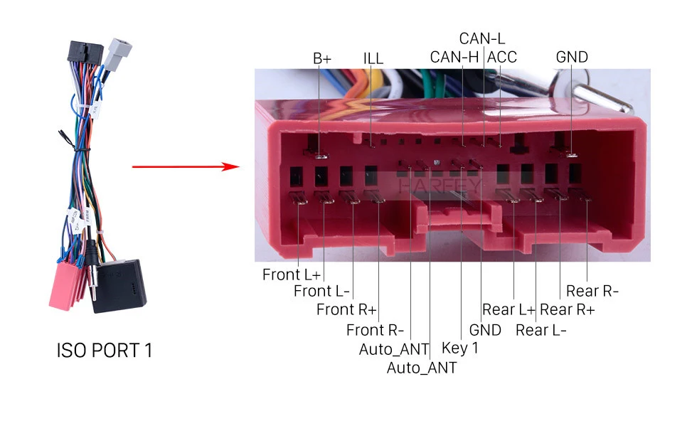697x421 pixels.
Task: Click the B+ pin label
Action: (322, 58)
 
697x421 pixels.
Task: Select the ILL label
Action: (373, 58)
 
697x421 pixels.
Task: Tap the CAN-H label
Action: (454, 57)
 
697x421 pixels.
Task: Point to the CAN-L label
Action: (482, 38)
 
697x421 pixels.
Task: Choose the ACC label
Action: (502, 57)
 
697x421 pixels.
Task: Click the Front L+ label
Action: (291, 275)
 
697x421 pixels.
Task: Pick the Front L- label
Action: (321, 291)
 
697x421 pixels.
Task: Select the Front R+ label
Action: (346, 309)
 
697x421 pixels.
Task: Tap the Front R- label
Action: (375, 330)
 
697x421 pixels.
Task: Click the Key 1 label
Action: (460, 348)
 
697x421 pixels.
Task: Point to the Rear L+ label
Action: (509, 309)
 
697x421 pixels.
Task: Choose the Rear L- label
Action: (541, 330)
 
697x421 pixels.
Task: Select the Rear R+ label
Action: (568, 309)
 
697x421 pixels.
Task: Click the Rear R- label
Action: (592, 291)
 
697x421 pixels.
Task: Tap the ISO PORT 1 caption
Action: (105, 351)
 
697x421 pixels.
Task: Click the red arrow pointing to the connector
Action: (186, 166)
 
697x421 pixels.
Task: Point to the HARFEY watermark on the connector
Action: (440, 186)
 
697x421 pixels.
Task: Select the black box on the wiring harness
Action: (119, 286)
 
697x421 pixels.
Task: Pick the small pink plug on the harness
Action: (65, 287)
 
